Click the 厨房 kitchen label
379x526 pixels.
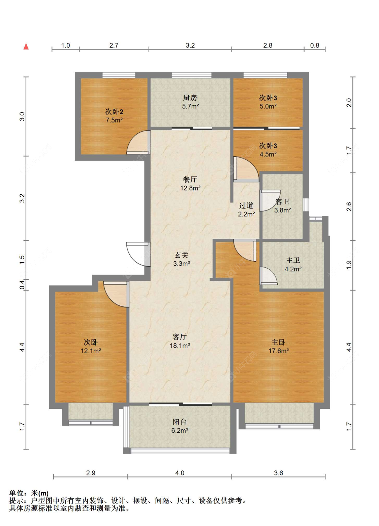click(x=190, y=98)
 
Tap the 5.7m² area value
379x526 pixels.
click(x=190, y=106)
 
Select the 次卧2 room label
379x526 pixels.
click(x=114, y=111)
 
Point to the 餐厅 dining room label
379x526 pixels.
click(x=190, y=179)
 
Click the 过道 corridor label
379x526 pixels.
click(x=246, y=205)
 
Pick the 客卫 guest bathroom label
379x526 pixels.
click(x=282, y=201)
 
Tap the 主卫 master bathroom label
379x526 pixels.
click(x=293, y=260)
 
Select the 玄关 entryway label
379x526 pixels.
click(x=182, y=255)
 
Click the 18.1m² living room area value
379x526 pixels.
click(x=180, y=346)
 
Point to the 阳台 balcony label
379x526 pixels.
click(x=180, y=422)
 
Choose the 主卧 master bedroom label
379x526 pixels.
click(x=278, y=342)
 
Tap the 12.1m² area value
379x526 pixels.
click(x=91, y=351)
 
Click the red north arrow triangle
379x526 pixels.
click(x=26, y=46)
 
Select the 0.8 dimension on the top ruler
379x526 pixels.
click(x=314, y=45)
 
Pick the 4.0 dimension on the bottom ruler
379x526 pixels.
click(x=180, y=473)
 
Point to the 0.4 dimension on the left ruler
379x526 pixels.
click(x=22, y=285)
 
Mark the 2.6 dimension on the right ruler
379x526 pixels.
click(x=349, y=206)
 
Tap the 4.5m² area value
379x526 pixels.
click(x=268, y=155)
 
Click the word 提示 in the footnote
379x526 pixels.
click(x=16, y=501)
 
